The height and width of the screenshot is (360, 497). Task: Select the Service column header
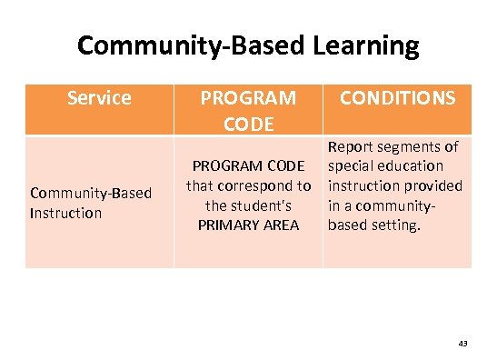[x=99, y=97]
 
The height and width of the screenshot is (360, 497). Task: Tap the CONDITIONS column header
[x=397, y=97]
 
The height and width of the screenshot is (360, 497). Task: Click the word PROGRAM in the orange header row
[x=248, y=97]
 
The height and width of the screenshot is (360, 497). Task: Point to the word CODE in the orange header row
[x=248, y=123]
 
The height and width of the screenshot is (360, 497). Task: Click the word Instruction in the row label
[x=65, y=213]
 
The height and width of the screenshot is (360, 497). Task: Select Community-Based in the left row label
[x=91, y=193]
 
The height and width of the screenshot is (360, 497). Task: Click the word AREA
[x=280, y=224]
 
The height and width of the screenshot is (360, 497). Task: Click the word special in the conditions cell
[x=351, y=165]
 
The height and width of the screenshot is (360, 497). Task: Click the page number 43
[x=462, y=344]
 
